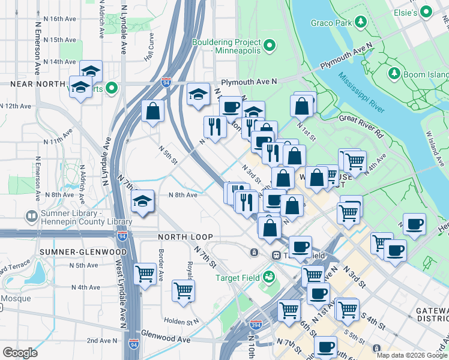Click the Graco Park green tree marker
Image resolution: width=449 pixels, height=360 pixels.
click(x=360, y=23)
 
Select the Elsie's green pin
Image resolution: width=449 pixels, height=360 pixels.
click(x=427, y=11)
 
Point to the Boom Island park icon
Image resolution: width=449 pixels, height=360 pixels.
click(x=394, y=74)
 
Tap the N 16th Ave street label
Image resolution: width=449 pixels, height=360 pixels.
click(x=55, y=19)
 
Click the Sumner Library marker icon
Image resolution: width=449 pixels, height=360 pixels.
click(x=31, y=215)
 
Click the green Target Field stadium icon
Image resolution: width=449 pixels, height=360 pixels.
click(x=269, y=277)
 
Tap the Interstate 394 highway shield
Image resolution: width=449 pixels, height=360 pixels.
click(x=256, y=325)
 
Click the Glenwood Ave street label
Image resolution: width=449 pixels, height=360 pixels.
click(x=166, y=338)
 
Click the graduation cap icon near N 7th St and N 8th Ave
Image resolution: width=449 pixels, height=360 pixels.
click(x=143, y=201)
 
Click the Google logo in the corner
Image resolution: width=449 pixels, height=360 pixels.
click(x=20, y=353)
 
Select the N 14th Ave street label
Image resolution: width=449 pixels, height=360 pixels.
click(x=55, y=61)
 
